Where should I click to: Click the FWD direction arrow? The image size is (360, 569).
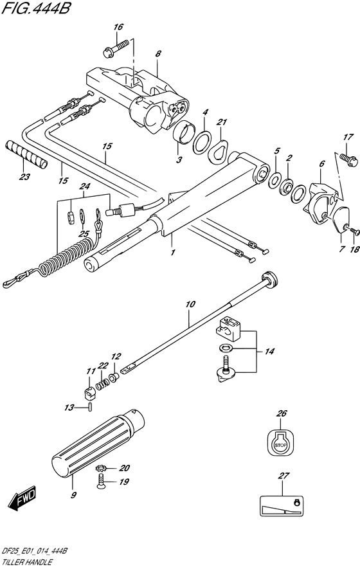tap(22, 497)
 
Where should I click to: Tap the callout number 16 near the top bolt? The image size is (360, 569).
tap(118, 27)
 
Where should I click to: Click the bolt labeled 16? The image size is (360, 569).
tap(116, 49)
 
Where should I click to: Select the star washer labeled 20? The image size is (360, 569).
tap(100, 468)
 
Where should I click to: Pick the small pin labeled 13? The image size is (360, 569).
tap(89, 407)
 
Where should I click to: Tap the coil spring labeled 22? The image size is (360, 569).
tap(103, 383)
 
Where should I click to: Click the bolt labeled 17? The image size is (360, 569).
tap(348, 160)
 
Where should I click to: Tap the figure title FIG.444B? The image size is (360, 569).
tap(35, 8)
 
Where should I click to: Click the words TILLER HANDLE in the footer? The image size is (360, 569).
tap(26, 563)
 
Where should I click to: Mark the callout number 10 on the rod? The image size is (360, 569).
tap(190, 304)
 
